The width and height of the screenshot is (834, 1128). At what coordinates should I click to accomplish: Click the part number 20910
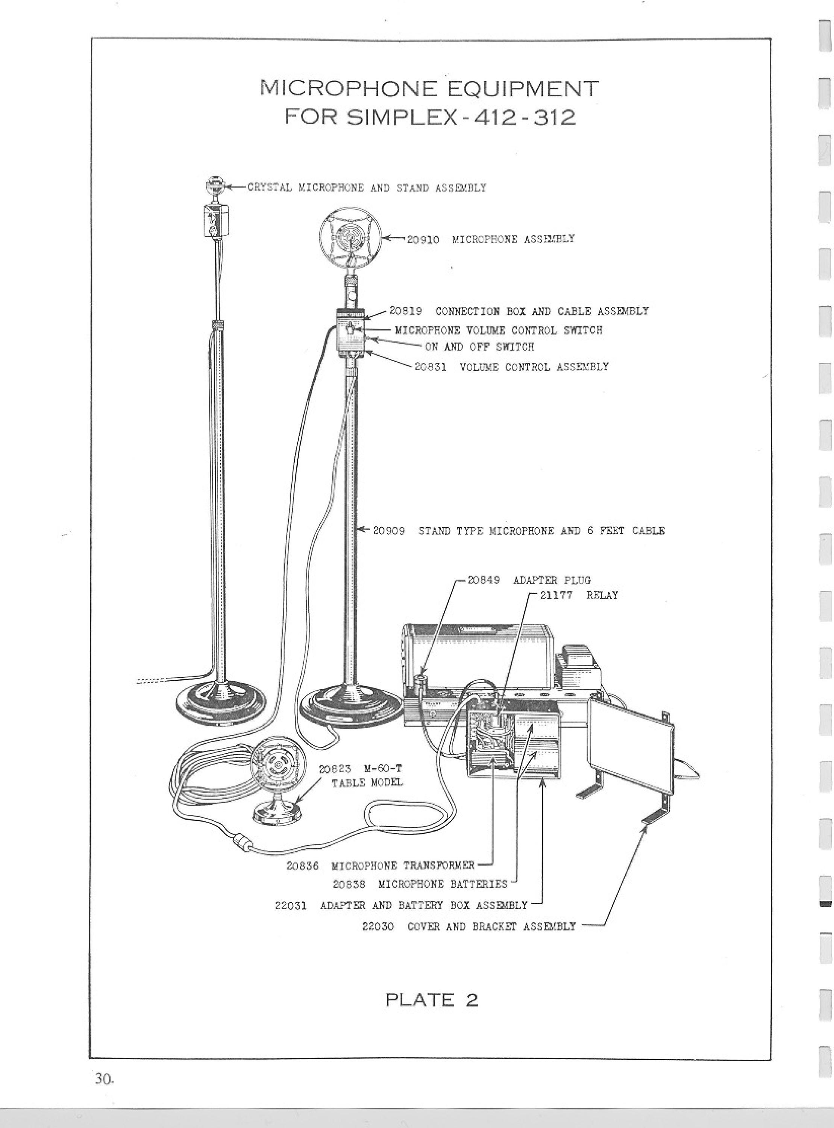(x=423, y=240)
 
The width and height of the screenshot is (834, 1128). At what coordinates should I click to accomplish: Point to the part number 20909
(x=389, y=531)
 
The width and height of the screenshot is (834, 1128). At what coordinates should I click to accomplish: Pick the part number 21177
(x=557, y=595)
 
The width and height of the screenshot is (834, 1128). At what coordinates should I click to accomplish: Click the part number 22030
(x=378, y=926)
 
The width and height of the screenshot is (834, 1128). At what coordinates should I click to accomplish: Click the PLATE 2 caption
(x=432, y=999)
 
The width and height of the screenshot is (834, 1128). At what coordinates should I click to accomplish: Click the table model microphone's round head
(x=277, y=765)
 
